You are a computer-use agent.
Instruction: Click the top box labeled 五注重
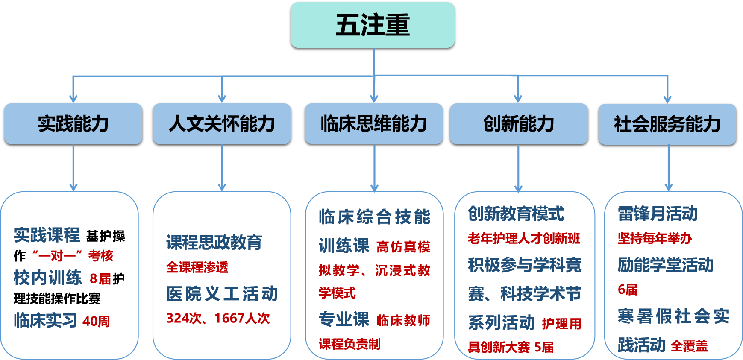point(373,25)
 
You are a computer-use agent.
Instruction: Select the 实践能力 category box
point(73,124)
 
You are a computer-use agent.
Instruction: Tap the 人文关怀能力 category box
point(222,124)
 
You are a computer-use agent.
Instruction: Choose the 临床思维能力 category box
point(374,124)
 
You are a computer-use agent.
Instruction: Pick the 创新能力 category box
point(519,124)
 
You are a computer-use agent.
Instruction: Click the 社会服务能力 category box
point(667,124)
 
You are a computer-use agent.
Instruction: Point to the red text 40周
point(96,321)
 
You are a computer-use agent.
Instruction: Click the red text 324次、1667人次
point(218,318)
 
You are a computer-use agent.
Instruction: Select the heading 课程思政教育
point(214,243)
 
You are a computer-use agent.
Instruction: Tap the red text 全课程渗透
point(197,267)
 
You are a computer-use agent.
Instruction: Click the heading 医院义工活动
point(222,294)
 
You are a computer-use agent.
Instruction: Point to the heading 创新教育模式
point(516,214)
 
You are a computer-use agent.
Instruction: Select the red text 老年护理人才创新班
point(524,238)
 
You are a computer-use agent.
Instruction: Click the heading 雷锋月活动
point(658,214)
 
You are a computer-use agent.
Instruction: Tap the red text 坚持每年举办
point(655,238)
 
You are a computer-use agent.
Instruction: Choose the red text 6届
point(627,290)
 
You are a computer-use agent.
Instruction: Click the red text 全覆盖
point(689,346)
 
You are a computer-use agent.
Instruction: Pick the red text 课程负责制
point(349,344)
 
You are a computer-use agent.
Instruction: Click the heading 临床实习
point(46,320)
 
